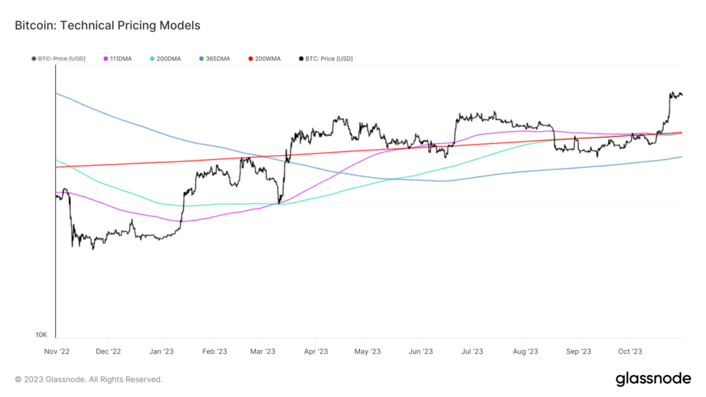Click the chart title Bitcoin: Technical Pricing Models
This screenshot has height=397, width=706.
107,26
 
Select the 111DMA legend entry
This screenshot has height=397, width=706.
120,59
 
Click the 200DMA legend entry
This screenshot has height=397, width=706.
165,59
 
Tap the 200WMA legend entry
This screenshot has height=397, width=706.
263,59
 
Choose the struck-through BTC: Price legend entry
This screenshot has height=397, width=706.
59,59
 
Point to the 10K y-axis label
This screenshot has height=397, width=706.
41,335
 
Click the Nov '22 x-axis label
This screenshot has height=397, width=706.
57,352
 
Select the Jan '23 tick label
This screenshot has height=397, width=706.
161,352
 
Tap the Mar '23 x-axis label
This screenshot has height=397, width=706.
262,352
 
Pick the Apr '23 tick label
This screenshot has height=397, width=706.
315,352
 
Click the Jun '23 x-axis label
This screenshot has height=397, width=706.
420,352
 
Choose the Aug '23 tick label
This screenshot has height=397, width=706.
525,352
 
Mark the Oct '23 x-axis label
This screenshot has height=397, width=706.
629,352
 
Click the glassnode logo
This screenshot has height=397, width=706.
652,378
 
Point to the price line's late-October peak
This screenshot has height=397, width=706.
672,92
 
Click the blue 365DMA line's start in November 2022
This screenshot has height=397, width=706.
57,93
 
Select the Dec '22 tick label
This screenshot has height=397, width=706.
108,352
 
